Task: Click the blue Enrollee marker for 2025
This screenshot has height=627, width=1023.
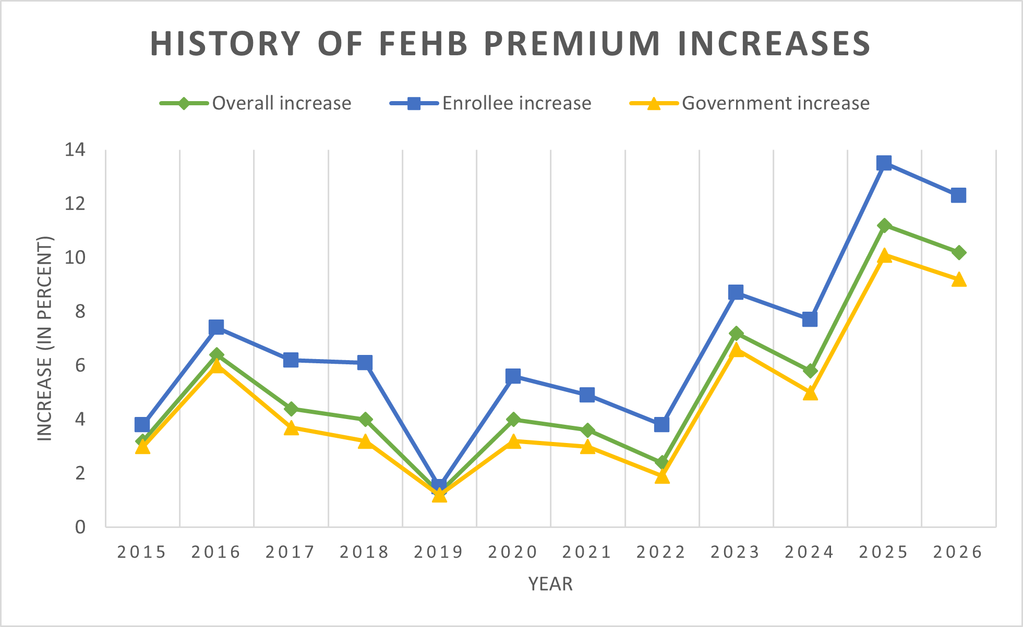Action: pyautogui.click(x=884, y=163)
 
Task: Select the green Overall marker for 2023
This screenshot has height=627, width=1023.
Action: pyautogui.click(x=736, y=334)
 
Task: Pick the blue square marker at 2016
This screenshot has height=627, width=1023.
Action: pyautogui.click(x=216, y=327)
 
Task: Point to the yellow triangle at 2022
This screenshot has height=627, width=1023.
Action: pyautogui.click(x=661, y=476)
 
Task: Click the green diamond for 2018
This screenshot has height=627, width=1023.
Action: pyautogui.click(x=365, y=419)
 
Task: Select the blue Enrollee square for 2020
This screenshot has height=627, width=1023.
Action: pyautogui.click(x=513, y=376)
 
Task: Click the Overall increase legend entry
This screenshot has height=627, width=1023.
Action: pyautogui.click(x=281, y=103)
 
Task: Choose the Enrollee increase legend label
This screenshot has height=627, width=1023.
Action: pyautogui.click(x=516, y=103)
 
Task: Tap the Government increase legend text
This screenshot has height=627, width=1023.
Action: pyautogui.click(x=775, y=103)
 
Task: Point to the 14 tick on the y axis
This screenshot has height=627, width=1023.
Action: pyautogui.click(x=75, y=150)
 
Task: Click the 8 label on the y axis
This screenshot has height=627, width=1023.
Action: pyautogui.click(x=80, y=312)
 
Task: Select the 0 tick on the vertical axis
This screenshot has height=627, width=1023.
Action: pyautogui.click(x=80, y=527)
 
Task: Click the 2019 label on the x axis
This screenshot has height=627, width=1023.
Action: pyautogui.click(x=439, y=552)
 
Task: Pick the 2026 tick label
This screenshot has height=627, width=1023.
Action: pyautogui.click(x=958, y=552)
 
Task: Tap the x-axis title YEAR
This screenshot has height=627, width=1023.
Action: pyautogui.click(x=550, y=584)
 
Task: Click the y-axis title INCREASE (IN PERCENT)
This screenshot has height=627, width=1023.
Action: pyautogui.click(x=45, y=339)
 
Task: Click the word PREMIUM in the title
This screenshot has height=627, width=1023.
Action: pyautogui.click(x=572, y=44)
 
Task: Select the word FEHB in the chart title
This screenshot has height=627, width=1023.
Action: pyautogui.click(x=423, y=44)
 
